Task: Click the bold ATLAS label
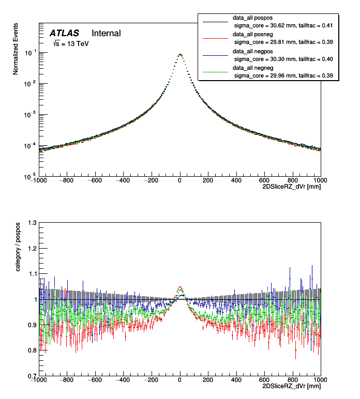tap(64, 34)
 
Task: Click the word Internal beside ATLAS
tap(106, 34)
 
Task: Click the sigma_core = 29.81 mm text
tap(283, 42)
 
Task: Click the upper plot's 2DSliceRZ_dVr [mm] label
tap(292, 187)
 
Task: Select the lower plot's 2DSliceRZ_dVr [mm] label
tap(292, 386)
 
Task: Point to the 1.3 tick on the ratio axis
tap(32, 223)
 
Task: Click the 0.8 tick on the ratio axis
tap(32, 350)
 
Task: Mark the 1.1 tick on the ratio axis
tap(32, 274)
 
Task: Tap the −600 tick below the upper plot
tap(95, 180)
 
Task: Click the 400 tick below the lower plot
tap(236, 380)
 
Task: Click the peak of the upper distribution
tap(179, 54)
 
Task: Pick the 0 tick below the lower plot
tap(179, 380)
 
